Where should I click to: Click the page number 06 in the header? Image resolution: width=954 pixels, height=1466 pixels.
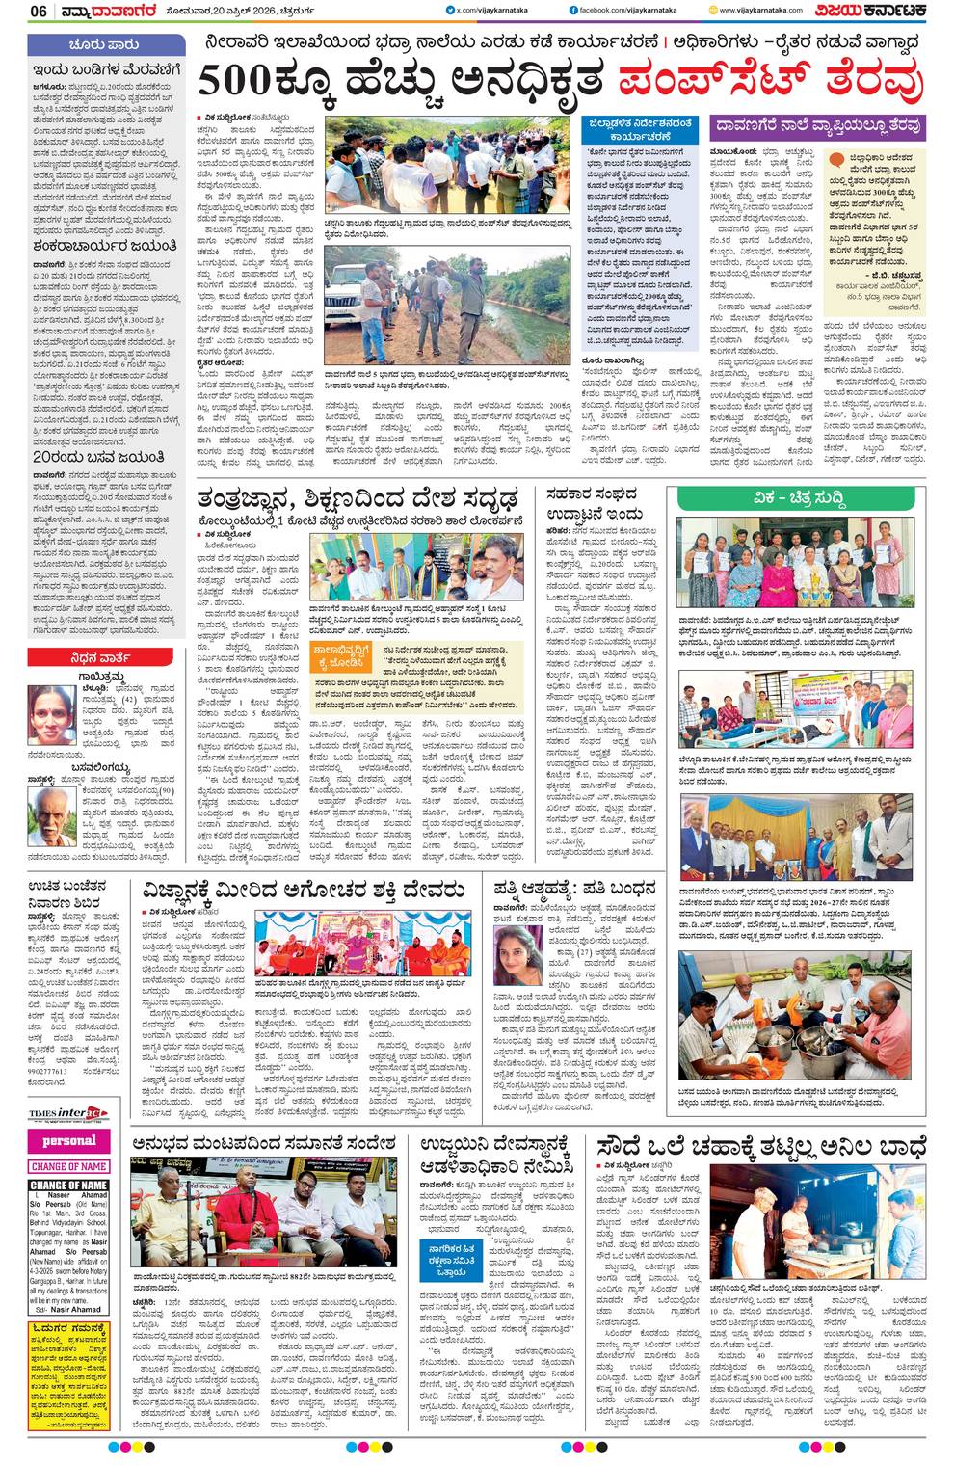tap(39, 11)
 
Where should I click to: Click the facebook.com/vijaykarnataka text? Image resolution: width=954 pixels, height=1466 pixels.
tap(633, 10)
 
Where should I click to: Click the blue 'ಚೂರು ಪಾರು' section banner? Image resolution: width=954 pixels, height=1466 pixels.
tap(106, 45)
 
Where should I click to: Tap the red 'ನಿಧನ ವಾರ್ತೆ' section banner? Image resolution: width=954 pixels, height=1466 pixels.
tap(106, 657)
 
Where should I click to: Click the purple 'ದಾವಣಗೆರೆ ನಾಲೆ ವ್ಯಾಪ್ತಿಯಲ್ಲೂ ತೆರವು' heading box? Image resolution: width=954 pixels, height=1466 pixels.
tap(818, 125)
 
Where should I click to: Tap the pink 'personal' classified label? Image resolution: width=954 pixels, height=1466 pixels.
tap(68, 1141)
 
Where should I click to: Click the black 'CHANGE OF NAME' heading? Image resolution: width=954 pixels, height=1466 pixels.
tap(68, 1185)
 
